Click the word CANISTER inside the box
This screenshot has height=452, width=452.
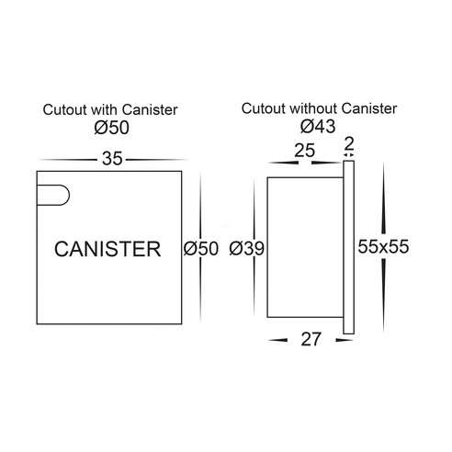107,249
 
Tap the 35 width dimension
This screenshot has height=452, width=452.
112,159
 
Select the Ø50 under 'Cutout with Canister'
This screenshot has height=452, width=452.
112,128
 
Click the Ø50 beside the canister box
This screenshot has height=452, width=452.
201,248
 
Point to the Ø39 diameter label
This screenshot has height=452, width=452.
246,248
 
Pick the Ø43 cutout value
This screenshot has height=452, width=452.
318,126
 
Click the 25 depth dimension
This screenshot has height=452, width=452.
304,151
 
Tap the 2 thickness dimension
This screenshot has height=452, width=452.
349,143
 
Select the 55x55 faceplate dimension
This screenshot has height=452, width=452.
383,246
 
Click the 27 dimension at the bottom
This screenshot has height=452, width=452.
311,339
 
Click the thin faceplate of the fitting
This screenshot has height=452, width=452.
348,247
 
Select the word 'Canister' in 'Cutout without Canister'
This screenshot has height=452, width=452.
369,108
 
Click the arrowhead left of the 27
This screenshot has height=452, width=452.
277,340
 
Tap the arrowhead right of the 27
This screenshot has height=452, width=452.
345,340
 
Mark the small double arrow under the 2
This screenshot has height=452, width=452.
349,155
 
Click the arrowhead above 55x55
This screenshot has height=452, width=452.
384,199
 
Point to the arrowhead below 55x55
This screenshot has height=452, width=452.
384,296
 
